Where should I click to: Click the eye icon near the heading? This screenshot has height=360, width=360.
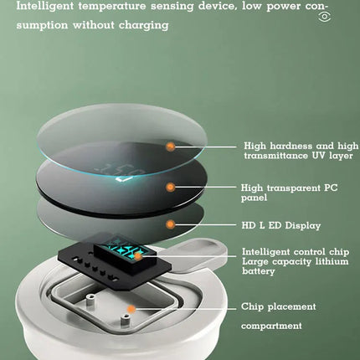click(x=325, y=17)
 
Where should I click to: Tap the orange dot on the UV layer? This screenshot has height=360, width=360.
click(x=170, y=147)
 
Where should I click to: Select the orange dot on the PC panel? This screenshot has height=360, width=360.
click(x=170, y=187)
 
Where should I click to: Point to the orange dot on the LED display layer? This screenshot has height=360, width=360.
click(x=170, y=224)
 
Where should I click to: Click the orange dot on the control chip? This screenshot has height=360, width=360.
click(x=137, y=256)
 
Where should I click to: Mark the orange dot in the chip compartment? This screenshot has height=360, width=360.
click(x=131, y=309)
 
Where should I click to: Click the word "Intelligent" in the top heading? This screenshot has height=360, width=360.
click(x=45, y=6)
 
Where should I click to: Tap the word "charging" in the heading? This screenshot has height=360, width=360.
click(x=144, y=25)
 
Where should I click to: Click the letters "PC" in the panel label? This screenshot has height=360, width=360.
click(x=331, y=188)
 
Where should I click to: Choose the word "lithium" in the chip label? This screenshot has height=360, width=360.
click(x=332, y=261)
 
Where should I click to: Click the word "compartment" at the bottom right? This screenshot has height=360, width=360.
click(x=271, y=326)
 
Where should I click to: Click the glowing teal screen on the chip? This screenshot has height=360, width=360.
click(x=126, y=249)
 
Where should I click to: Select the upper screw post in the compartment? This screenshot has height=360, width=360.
click(x=90, y=301)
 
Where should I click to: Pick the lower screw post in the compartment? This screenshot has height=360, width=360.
click(x=125, y=319)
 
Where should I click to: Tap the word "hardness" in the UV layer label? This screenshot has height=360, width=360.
click(x=291, y=146)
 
